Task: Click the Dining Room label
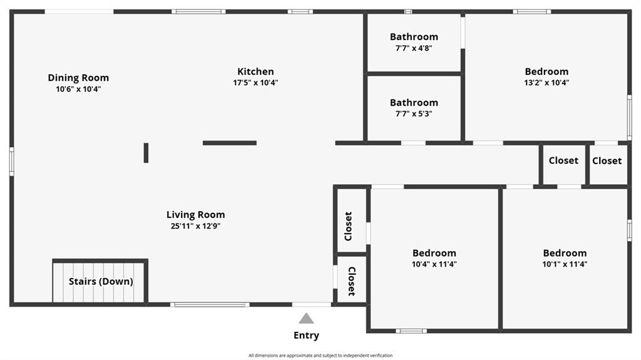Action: [x=78, y=78]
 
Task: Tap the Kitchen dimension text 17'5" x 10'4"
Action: [x=255, y=83]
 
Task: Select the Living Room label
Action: [x=195, y=215]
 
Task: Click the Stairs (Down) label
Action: [x=101, y=282]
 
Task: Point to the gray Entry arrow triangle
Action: [x=306, y=318]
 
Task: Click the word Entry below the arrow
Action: [x=306, y=336]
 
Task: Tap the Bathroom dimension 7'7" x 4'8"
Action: [x=414, y=48]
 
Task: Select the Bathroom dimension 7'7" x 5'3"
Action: [x=414, y=114]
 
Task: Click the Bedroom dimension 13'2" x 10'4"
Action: [x=546, y=83]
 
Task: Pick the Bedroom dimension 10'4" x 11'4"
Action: [x=434, y=264]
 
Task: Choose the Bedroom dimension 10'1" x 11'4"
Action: [x=565, y=264]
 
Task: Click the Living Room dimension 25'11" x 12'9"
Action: [x=195, y=226]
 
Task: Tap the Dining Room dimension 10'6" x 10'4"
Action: [x=78, y=89]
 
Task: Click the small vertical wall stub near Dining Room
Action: [x=146, y=153]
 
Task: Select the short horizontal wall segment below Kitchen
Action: [x=230, y=143]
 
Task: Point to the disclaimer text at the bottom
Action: [x=320, y=356]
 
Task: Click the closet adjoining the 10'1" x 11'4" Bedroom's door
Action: [x=563, y=161]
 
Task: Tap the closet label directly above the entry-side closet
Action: [x=348, y=226]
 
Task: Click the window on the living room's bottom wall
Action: [x=210, y=305]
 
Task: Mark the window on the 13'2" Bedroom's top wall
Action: [x=531, y=12]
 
